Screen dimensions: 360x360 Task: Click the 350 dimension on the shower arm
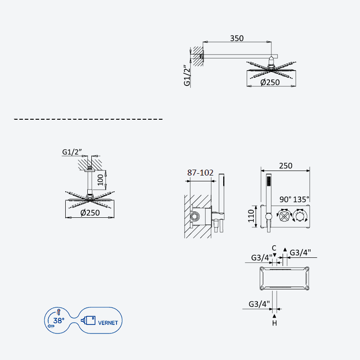237,38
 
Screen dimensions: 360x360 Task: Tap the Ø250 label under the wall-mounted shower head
270,82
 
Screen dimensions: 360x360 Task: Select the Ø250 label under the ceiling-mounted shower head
90,212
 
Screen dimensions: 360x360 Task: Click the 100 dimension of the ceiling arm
100,180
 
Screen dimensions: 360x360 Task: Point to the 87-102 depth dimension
200,173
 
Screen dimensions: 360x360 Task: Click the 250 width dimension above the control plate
286,166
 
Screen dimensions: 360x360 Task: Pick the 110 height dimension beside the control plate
251,216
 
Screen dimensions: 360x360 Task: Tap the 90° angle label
285,199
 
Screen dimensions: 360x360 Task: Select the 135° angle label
301,199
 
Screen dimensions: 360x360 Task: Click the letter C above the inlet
274,248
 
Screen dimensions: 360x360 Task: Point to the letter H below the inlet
274,323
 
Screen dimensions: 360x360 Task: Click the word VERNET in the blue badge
108,323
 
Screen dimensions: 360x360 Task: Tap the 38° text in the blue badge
59,320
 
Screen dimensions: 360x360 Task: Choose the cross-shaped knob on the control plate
284,216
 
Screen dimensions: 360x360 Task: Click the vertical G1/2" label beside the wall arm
187,76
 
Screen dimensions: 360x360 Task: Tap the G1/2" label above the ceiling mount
72,152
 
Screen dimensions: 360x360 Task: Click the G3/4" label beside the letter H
259,304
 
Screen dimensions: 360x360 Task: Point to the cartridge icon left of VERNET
88,320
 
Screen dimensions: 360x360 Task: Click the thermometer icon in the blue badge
58,312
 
